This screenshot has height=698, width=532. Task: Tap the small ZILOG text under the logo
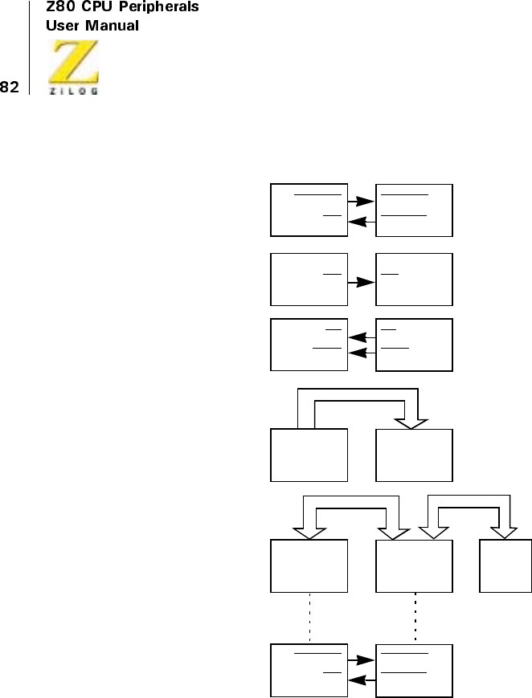(75, 92)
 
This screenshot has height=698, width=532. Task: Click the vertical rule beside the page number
(30, 47)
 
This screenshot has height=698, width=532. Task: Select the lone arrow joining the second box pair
(362, 283)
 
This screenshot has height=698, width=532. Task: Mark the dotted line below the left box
(310, 618)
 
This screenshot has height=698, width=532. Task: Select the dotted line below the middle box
(415, 618)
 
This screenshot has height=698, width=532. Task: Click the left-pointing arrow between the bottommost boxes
(362, 679)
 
